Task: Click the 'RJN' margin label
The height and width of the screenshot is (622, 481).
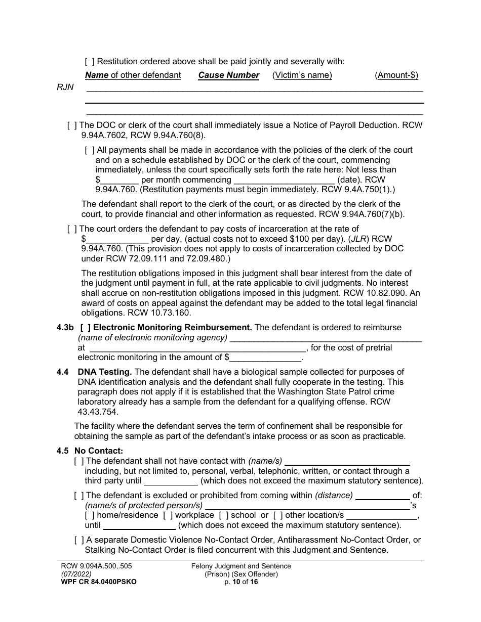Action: tap(65, 87)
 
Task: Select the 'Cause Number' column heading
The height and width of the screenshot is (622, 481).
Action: tap(228, 75)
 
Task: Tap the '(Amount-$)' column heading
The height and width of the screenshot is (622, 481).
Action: tap(396, 75)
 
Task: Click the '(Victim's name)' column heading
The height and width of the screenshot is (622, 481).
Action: tap(302, 75)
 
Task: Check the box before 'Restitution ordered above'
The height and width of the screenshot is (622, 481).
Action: tap(89, 62)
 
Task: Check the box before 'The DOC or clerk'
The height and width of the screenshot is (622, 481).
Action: tap(72, 125)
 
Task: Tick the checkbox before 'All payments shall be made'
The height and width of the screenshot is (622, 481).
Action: tap(89, 150)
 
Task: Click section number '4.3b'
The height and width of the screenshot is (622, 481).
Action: tap(65, 328)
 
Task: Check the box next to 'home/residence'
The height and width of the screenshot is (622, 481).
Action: tap(89, 515)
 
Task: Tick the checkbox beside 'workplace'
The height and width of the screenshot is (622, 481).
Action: tap(168, 515)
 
